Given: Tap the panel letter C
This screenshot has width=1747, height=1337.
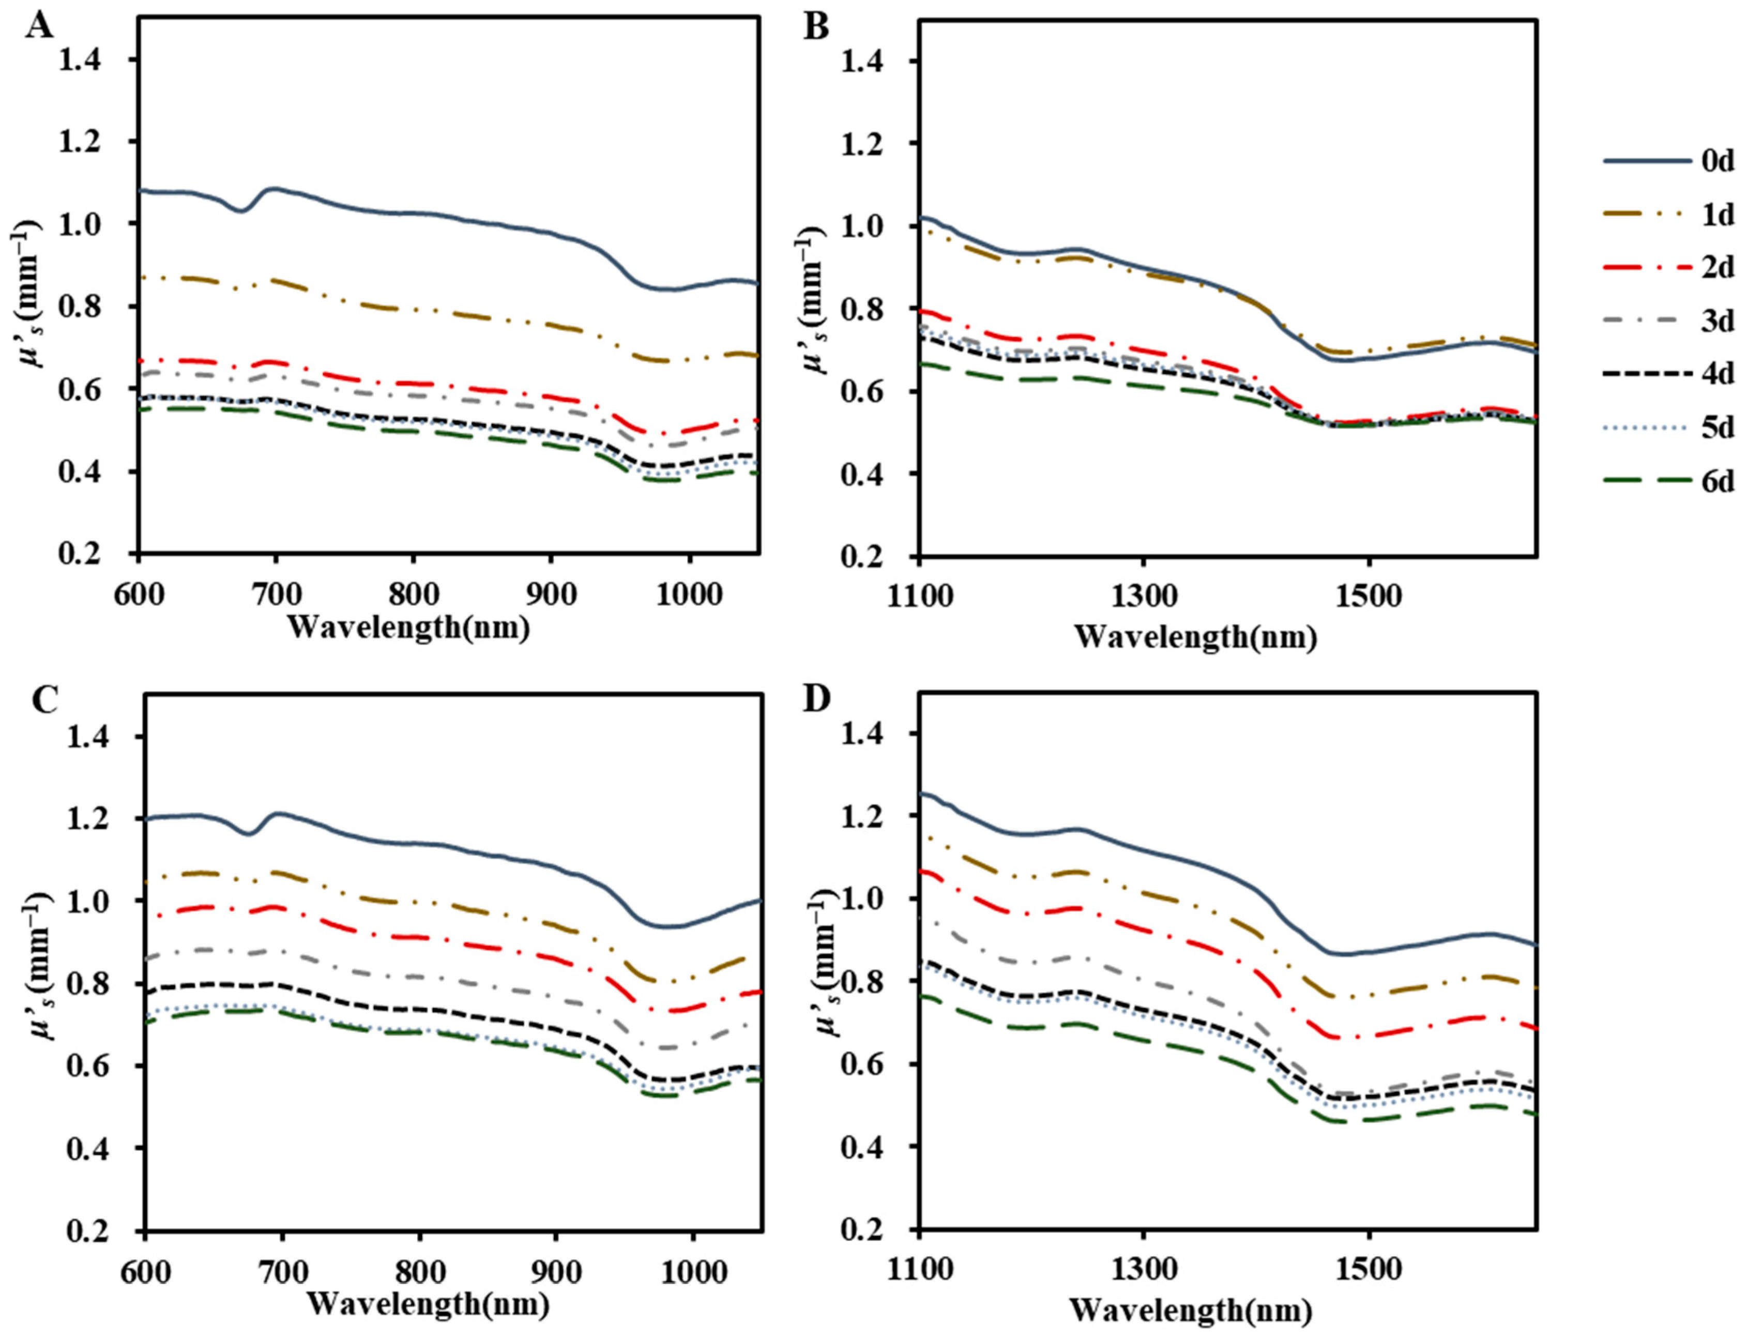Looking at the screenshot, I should [x=39, y=701].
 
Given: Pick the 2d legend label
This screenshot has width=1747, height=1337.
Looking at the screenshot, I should [x=1718, y=268].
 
